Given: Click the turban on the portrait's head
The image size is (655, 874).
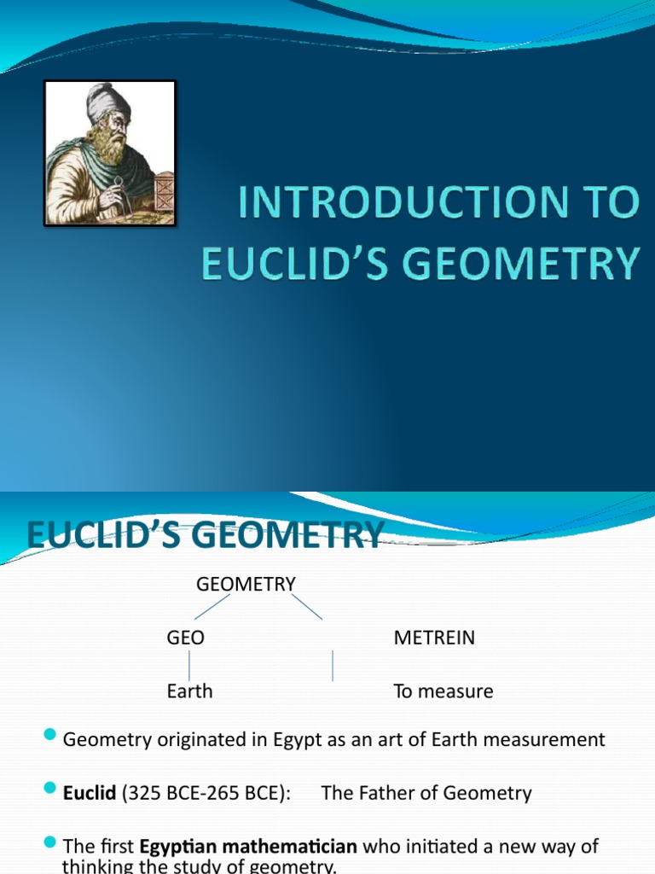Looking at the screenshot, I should pos(107,102).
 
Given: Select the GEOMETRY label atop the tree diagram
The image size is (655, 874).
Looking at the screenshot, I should pos(246,585).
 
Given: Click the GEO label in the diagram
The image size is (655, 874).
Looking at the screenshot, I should pos(185,638).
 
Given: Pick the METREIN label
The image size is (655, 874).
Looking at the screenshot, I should pos(434,638).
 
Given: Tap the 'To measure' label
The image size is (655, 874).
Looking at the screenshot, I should pos(443,691).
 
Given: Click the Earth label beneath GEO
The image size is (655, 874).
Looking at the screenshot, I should pos(189,691).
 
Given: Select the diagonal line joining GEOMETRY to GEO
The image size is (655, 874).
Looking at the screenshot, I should pos(212,607).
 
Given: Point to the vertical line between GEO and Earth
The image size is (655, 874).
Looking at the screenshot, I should pos(189,665).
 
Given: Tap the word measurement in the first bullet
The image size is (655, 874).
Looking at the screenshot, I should pos(550,740).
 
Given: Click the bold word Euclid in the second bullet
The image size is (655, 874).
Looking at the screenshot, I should pos(89,793).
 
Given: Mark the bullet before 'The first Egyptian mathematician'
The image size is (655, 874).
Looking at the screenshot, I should pos(49,843).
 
